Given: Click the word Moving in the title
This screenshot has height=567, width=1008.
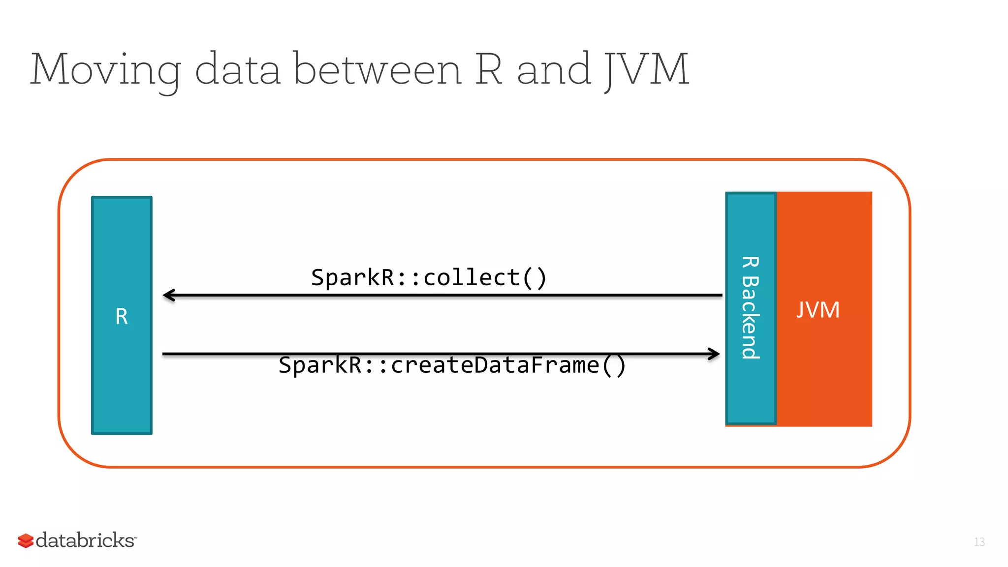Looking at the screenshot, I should click(x=105, y=70).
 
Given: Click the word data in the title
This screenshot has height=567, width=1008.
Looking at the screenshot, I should click(x=238, y=70).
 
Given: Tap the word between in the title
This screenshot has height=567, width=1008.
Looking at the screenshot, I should click(x=378, y=70).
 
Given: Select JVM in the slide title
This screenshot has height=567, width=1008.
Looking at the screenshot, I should click(x=646, y=70).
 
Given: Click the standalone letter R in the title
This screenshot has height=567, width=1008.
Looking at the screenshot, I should click(x=489, y=70).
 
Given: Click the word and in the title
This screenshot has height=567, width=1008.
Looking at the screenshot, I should click(x=553, y=70).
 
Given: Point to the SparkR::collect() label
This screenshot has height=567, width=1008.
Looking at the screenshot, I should click(x=429, y=278).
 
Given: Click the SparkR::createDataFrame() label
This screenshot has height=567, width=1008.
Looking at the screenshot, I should click(x=452, y=365).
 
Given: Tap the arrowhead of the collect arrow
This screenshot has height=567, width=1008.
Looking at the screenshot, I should click(x=169, y=295).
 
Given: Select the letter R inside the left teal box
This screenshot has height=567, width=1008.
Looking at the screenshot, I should click(x=122, y=317).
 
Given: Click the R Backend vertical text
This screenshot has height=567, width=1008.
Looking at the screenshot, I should click(x=751, y=308).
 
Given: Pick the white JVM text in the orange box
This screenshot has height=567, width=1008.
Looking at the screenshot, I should click(x=818, y=310).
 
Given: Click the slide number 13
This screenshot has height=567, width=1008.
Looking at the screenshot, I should click(x=979, y=542).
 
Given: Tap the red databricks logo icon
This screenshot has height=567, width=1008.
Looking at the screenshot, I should click(x=26, y=540).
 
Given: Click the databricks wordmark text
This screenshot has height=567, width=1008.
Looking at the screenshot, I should click(x=86, y=540).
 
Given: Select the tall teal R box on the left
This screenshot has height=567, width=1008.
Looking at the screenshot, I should click(x=122, y=384).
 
